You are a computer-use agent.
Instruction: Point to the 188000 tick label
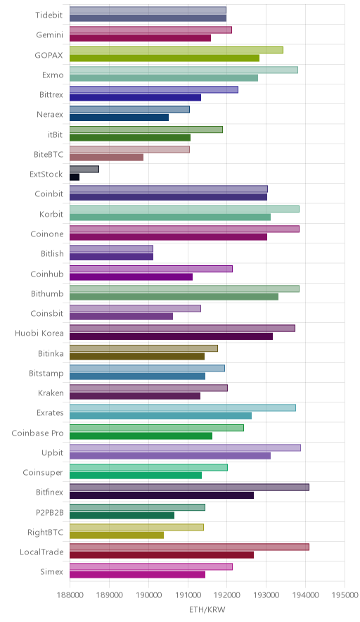pyautogui.click(x=70, y=595)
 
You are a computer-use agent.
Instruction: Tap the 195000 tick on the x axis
pyautogui.click(x=345, y=595)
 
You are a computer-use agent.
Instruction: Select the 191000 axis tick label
pyautogui.click(x=188, y=595)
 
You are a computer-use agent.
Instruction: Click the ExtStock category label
pyautogui.click(x=46, y=174)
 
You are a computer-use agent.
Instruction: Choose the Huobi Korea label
pyautogui.click(x=39, y=334)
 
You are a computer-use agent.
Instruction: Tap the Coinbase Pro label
pyautogui.click(x=37, y=433)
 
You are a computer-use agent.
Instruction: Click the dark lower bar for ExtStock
pyautogui.click(x=75, y=177)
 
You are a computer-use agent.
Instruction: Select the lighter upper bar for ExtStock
pyautogui.click(x=84, y=170)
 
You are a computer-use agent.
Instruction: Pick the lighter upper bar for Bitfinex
pyautogui.click(x=190, y=488)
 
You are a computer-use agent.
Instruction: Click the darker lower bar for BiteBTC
pyautogui.click(x=107, y=158)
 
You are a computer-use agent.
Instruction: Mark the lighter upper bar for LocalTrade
pyautogui.click(x=190, y=547)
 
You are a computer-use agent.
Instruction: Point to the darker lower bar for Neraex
pyautogui.click(x=120, y=118)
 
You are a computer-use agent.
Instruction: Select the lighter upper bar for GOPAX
pyautogui.click(x=176, y=50)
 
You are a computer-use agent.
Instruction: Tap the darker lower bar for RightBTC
pyautogui.click(x=117, y=535)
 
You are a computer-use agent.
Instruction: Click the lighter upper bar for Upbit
pyautogui.click(x=185, y=448)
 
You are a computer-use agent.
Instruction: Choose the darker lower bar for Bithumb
pyautogui.click(x=174, y=297)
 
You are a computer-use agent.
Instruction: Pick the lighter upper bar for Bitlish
pyautogui.click(x=111, y=248)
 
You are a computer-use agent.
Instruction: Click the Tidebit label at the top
pyautogui.click(x=49, y=15)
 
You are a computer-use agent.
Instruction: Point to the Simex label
pyautogui.click(x=51, y=571)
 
